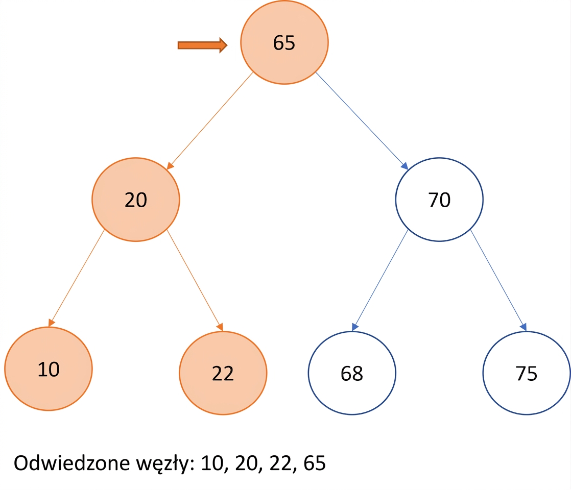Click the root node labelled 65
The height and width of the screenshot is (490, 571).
(x=284, y=42)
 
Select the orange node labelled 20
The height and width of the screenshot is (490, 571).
(x=136, y=200)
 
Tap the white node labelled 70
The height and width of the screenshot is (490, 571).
(x=439, y=200)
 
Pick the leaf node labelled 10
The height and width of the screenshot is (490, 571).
(x=49, y=369)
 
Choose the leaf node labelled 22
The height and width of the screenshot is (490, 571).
(x=223, y=373)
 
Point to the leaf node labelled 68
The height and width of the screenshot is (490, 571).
(x=352, y=373)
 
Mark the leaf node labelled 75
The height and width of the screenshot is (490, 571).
(x=527, y=373)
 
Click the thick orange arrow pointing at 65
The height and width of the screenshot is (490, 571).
(x=202, y=45)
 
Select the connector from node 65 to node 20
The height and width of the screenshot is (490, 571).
(x=210, y=121)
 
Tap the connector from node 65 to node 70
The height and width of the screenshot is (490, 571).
(x=362, y=121)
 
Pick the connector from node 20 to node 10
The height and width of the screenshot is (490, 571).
(x=77, y=278)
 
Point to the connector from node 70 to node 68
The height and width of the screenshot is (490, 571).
(x=380, y=280)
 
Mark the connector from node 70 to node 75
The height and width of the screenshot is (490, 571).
(x=498, y=280)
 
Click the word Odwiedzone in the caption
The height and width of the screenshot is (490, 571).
(x=72, y=463)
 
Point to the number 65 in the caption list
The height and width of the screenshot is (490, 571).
(x=315, y=463)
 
